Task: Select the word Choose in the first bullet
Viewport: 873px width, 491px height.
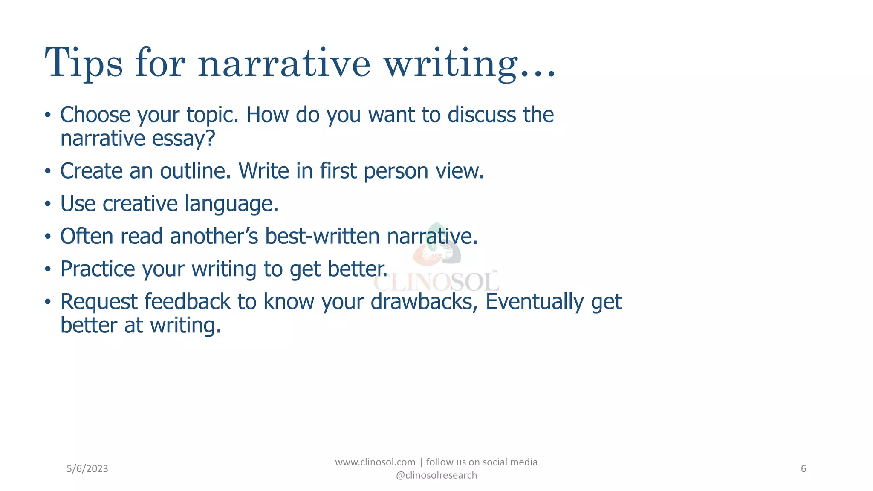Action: pos(95,115)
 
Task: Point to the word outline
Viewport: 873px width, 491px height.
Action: pos(195,171)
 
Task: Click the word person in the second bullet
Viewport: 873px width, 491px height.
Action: pos(396,172)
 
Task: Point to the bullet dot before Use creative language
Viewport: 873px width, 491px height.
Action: pos(48,204)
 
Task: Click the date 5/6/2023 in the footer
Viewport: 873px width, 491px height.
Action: pos(87,469)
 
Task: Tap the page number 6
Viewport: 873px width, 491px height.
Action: pos(804,469)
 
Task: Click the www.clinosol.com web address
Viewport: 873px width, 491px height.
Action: pos(375,462)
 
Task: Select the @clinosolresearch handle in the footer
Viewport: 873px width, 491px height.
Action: pos(436,475)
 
